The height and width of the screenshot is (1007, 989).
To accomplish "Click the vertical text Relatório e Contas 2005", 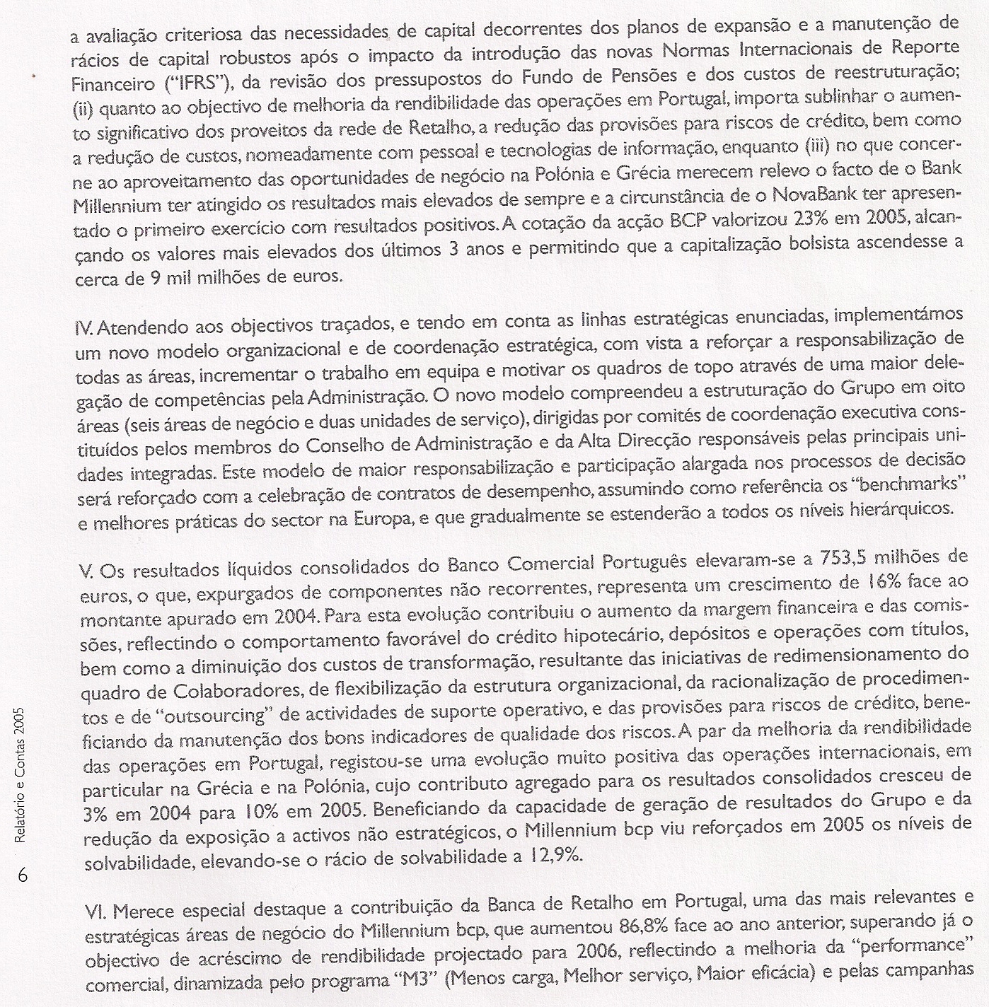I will [21, 774].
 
